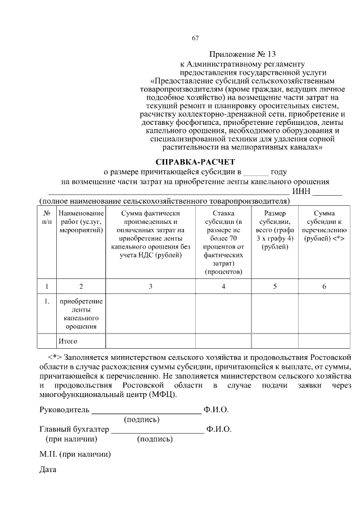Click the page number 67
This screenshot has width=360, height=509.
(x=195, y=38)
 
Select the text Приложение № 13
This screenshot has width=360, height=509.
(x=243, y=55)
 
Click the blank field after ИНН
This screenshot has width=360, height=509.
(x=328, y=193)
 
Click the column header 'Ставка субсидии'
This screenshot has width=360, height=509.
(x=223, y=242)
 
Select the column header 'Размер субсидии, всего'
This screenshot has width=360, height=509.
(x=275, y=230)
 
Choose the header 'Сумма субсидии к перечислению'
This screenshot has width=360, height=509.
(x=323, y=226)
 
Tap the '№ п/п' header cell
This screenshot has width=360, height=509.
(x=47, y=218)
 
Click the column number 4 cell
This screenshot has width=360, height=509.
(x=223, y=286)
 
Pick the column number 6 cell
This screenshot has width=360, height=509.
(x=323, y=286)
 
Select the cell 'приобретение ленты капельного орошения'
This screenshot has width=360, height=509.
(x=81, y=314)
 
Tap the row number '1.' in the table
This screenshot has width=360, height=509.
(x=47, y=302)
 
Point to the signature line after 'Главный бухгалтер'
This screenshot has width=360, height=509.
(x=157, y=430)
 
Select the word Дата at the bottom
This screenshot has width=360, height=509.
(x=48, y=469)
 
